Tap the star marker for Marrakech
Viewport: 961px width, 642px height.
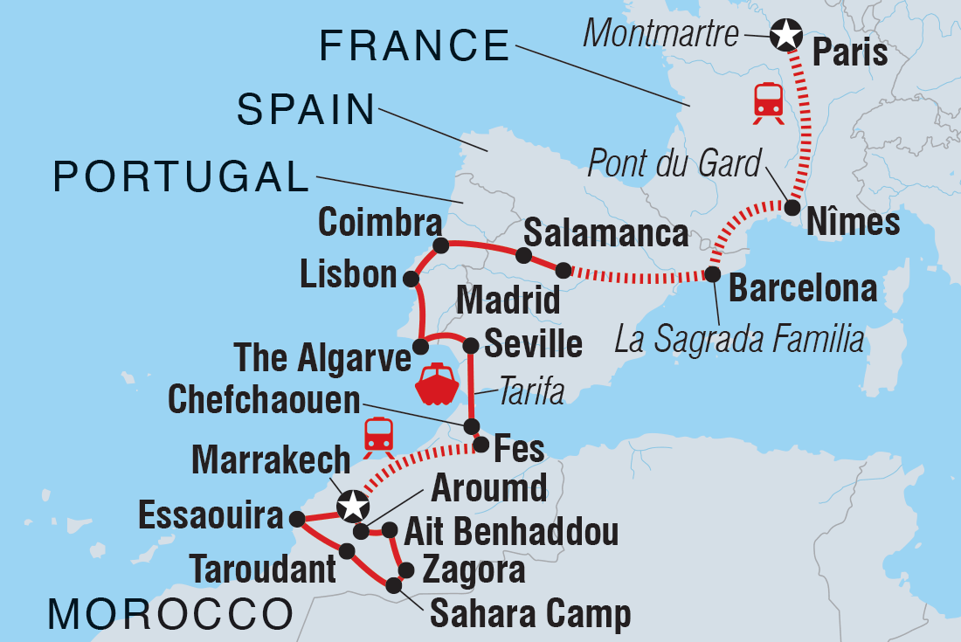[352, 505]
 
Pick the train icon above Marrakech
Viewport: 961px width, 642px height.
[378, 434]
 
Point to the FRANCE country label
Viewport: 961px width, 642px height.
[414, 45]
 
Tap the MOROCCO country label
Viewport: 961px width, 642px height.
[170, 614]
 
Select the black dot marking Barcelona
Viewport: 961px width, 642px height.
[713, 274]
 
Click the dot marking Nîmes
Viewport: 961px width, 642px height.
[792, 208]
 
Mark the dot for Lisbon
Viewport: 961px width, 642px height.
[410, 279]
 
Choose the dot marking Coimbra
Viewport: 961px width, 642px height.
[440, 245]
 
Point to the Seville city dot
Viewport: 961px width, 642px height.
[471, 344]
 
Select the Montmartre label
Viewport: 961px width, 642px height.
[660, 34]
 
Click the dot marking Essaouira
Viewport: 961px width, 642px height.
[297, 519]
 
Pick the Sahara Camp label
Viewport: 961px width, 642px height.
[530, 614]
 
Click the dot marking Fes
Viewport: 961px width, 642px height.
[480, 445]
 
